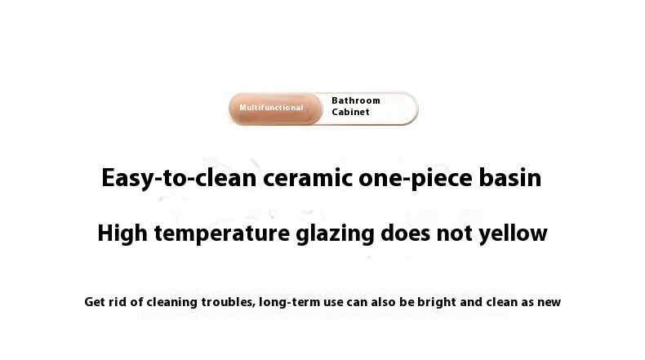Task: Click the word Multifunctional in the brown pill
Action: point(271,108)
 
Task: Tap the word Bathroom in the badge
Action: point(356,100)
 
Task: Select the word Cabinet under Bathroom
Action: point(350,112)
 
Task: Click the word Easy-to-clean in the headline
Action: point(179,179)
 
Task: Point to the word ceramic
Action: point(308,179)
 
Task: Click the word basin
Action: point(510,178)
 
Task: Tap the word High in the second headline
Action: point(122,233)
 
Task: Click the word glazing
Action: point(336,233)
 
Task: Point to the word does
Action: point(406,233)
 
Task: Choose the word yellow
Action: point(513,233)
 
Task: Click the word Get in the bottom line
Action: point(95,302)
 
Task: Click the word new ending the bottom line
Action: point(549,303)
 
